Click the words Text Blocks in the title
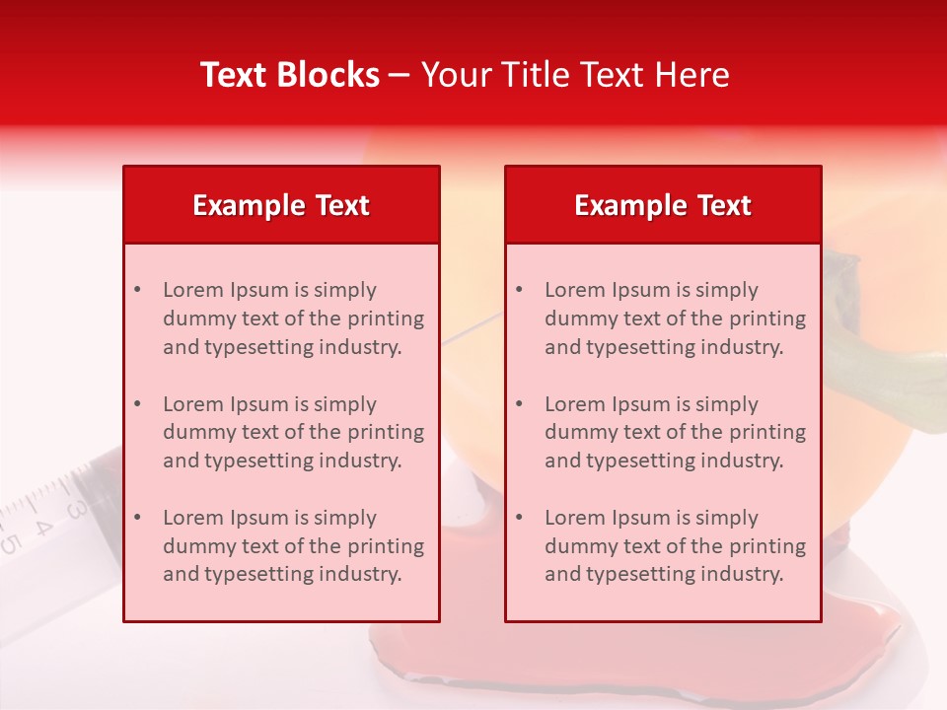click(289, 75)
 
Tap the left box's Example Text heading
click(281, 205)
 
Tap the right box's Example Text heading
click(663, 205)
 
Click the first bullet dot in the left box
click(137, 290)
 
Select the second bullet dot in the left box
click(137, 404)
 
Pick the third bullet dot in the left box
click(137, 518)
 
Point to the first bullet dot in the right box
click(519, 290)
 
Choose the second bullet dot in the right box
click(519, 404)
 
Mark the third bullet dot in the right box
click(519, 518)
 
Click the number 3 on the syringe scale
click(75, 510)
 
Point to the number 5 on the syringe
click(10, 543)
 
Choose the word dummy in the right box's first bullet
click(577, 319)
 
